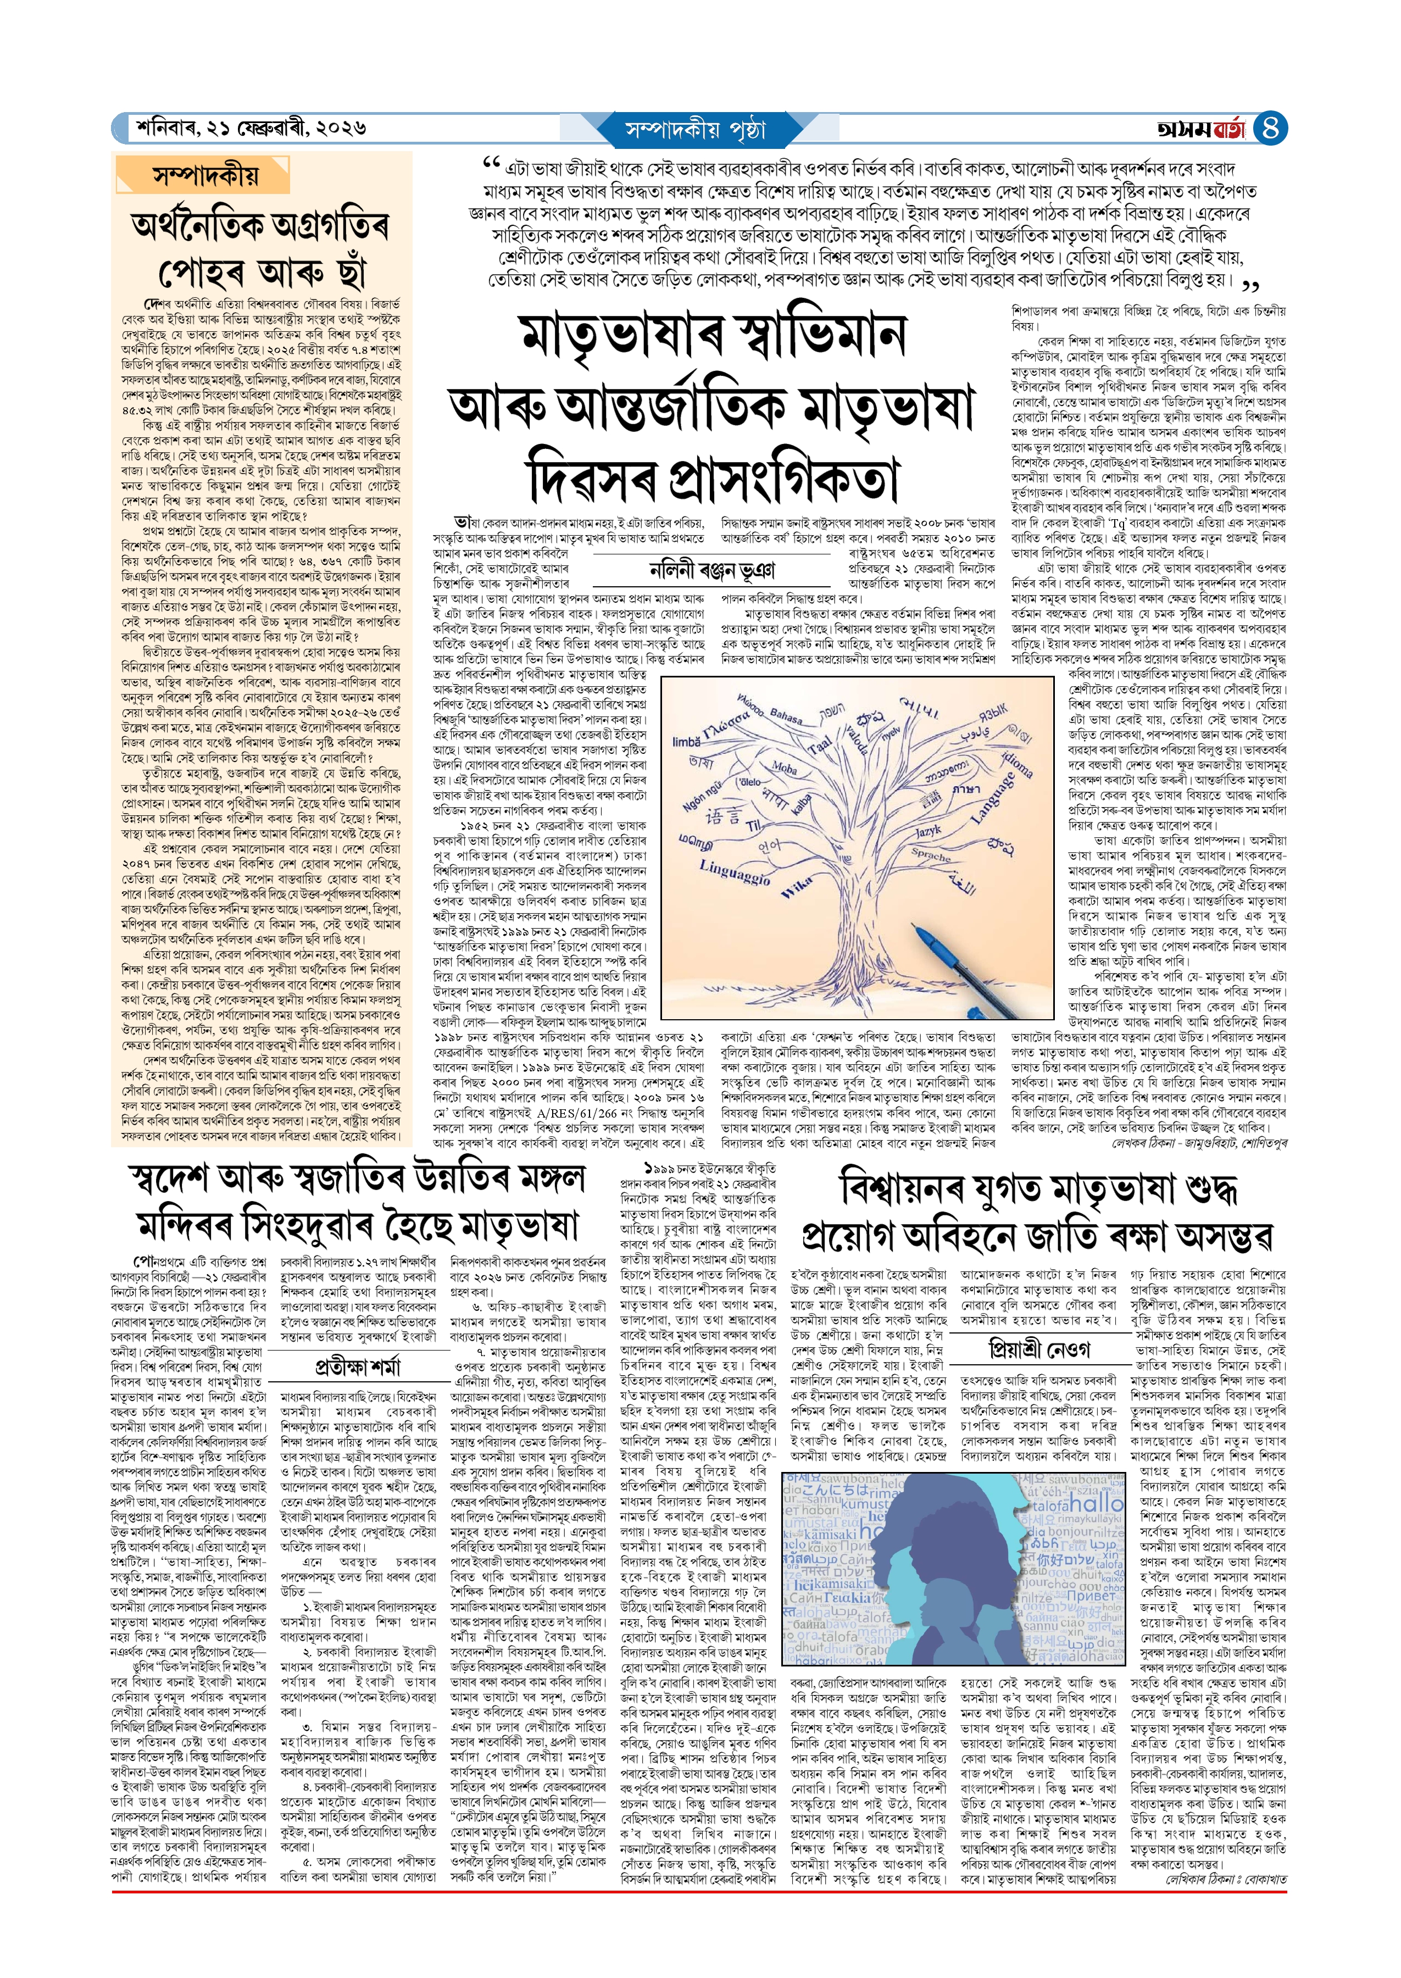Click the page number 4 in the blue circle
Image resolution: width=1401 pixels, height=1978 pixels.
[x=1270, y=129]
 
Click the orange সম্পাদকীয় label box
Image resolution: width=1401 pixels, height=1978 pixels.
[x=204, y=177]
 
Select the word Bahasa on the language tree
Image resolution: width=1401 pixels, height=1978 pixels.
[x=785, y=716]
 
